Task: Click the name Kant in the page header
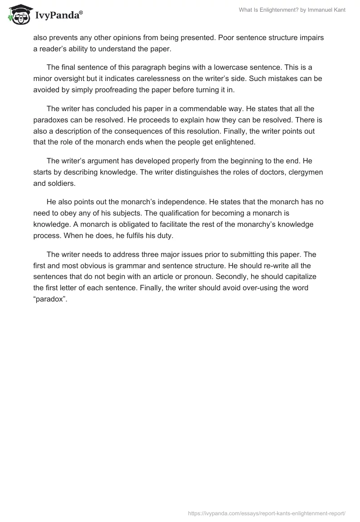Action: [338, 10]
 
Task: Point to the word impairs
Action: [311, 38]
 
